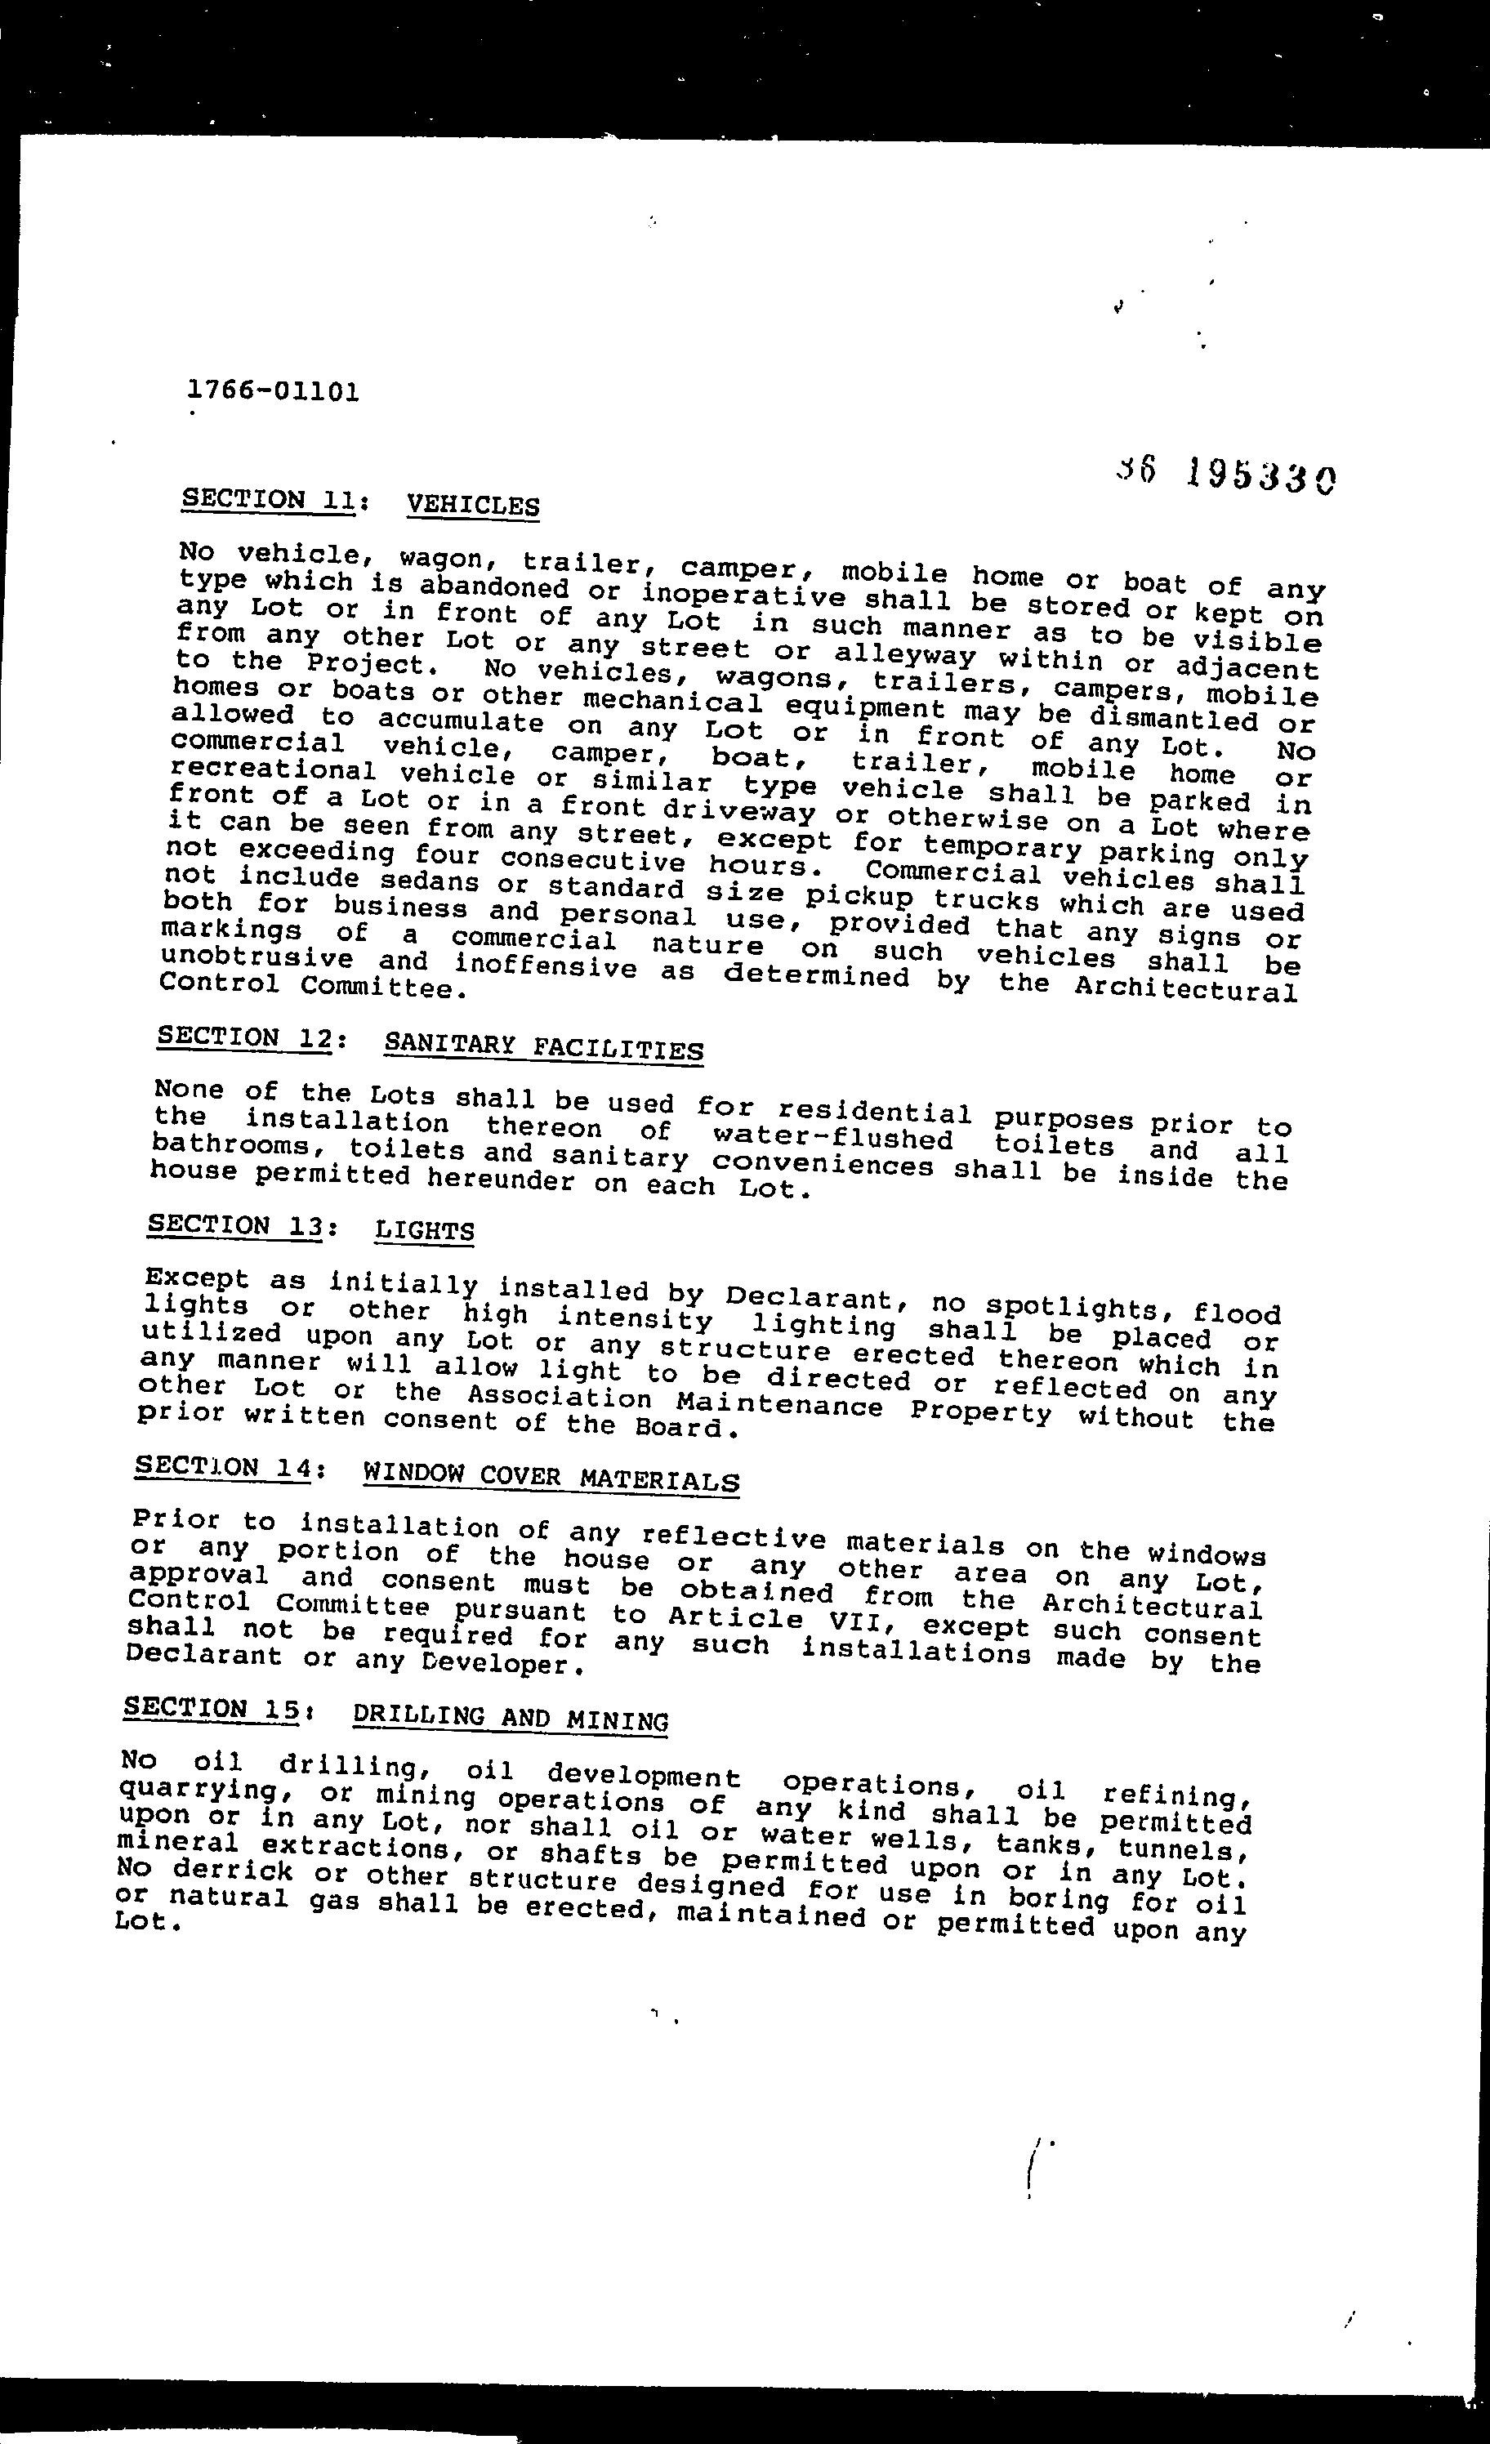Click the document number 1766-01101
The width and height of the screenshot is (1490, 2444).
[273, 390]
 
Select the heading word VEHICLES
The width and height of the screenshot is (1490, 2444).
[473, 505]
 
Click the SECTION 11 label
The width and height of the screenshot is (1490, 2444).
[268, 499]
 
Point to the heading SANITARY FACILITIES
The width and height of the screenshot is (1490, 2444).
[543, 1046]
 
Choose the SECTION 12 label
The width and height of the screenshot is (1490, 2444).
[248, 1037]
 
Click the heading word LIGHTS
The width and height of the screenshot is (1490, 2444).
[425, 1231]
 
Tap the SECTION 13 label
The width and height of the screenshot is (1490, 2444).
[235, 1226]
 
